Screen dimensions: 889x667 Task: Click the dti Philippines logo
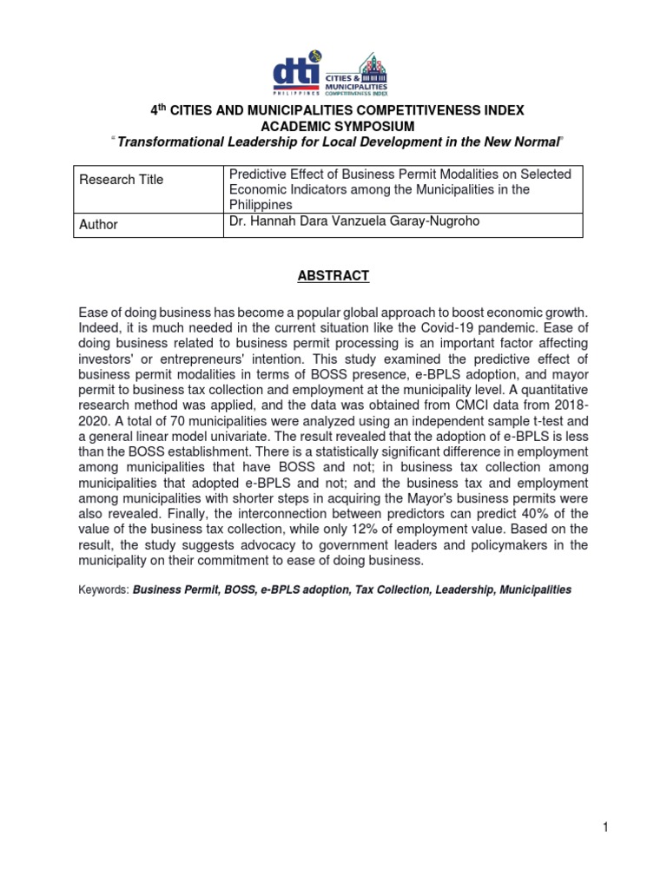296,73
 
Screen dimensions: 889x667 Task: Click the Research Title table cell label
122,180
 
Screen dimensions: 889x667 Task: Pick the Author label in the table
98,224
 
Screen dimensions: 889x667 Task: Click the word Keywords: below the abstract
103,589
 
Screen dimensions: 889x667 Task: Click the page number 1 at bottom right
606,827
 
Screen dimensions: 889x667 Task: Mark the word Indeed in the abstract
100,328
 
